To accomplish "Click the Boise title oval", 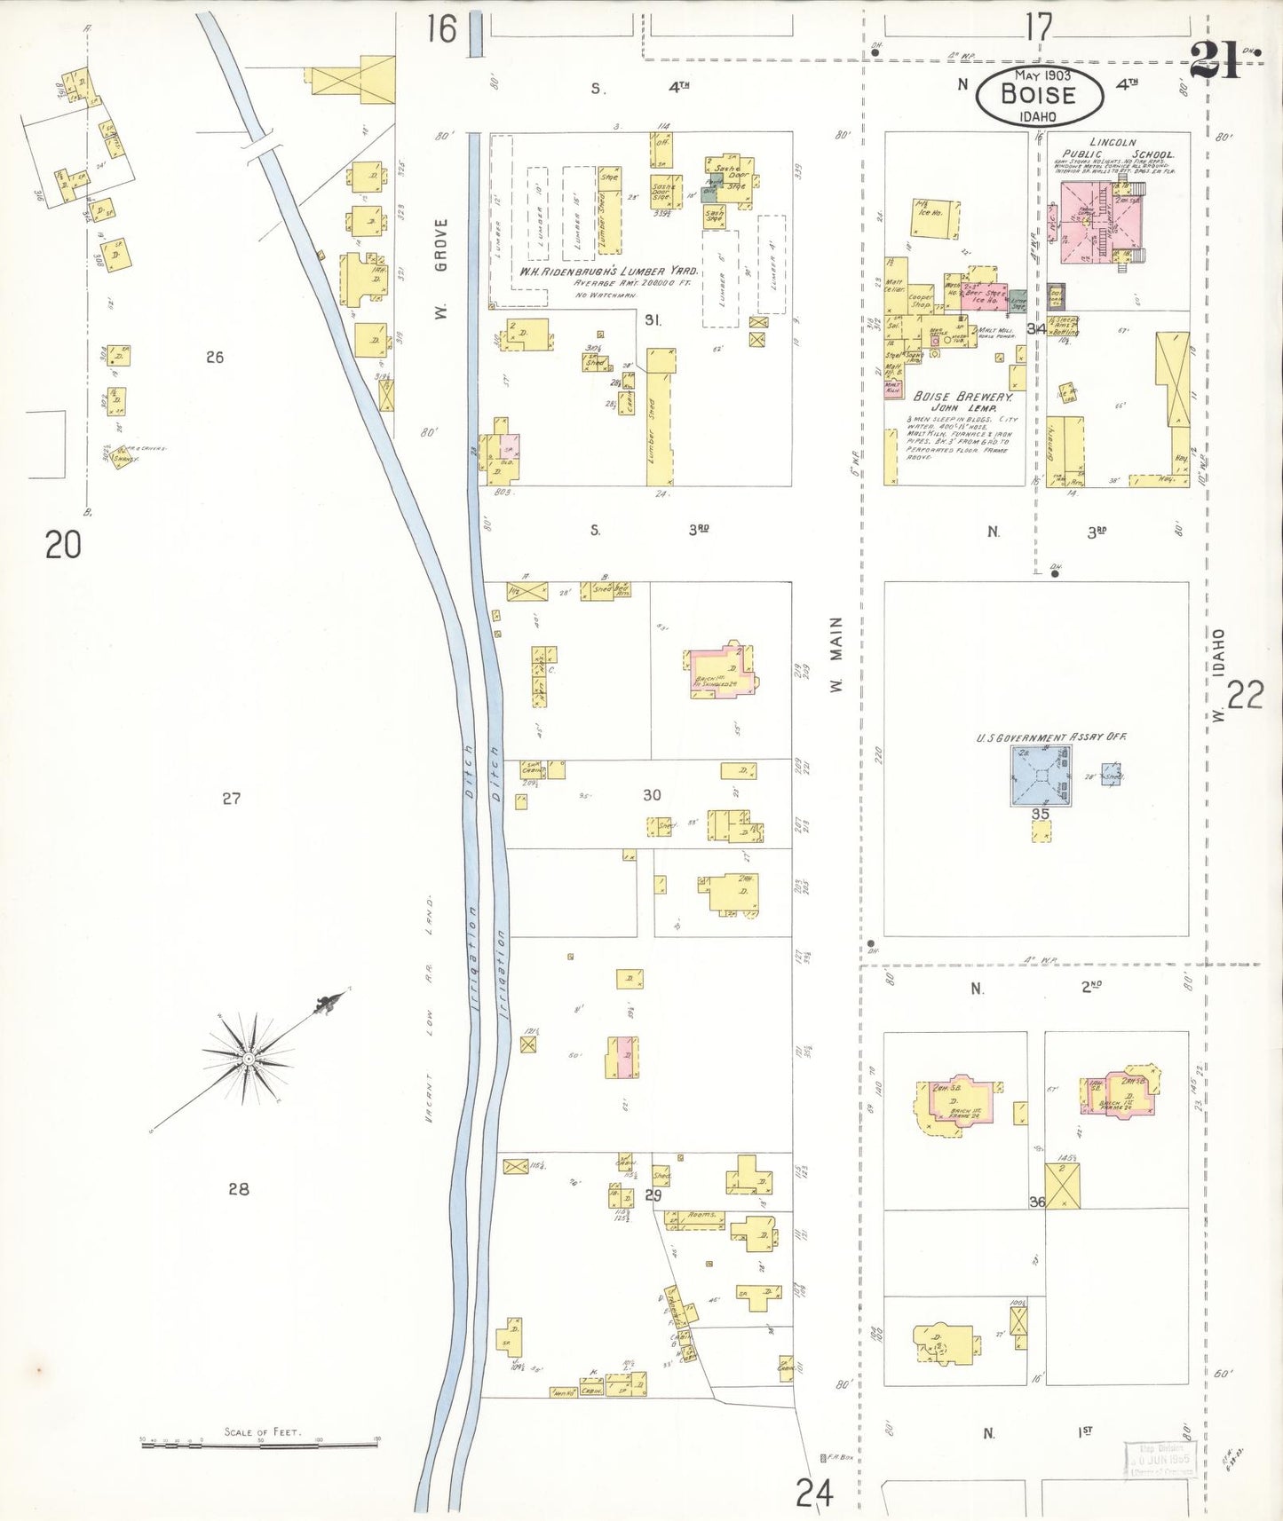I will [x=1039, y=95].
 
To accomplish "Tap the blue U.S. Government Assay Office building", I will [x=1041, y=775].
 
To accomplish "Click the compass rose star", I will [x=249, y=1059].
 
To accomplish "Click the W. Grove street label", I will [x=441, y=268].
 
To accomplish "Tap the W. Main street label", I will [x=836, y=655].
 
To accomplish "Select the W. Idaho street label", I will [x=1218, y=674].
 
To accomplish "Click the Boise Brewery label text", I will [x=962, y=397].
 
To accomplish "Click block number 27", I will [x=231, y=799].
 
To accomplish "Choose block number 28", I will [x=238, y=1189].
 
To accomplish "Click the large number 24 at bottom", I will [x=814, y=1493].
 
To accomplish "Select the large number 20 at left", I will [x=63, y=544].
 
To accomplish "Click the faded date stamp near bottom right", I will [x=1160, y=1458].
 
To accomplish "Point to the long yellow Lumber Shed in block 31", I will [x=660, y=417].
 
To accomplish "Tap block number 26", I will [x=214, y=357].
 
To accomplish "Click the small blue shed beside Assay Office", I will [x=1111, y=775].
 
